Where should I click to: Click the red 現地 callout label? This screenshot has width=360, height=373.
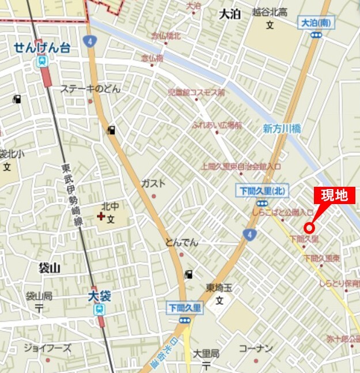click(334, 195)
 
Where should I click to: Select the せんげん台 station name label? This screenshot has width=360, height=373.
click(43, 48)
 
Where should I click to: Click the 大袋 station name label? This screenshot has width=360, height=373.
click(99, 296)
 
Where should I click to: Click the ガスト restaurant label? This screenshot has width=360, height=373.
click(153, 183)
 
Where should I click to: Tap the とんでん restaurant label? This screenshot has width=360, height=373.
click(181, 242)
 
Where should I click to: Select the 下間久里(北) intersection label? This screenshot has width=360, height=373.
click(262, 191)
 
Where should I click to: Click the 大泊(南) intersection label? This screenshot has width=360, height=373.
click(315, 23)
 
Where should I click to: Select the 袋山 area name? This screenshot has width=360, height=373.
click(50, 267)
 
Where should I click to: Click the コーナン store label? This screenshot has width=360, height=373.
click(255, 348)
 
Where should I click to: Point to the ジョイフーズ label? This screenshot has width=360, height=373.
click(47, 348)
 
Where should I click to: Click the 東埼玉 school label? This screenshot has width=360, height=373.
click(219, 288)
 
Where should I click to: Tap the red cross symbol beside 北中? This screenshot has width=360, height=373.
click(101, 217)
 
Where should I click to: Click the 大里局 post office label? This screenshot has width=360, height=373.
click(206, 353)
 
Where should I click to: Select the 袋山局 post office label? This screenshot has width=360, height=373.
click(39, 296)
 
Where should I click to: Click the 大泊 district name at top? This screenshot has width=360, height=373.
click(230, 14)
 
